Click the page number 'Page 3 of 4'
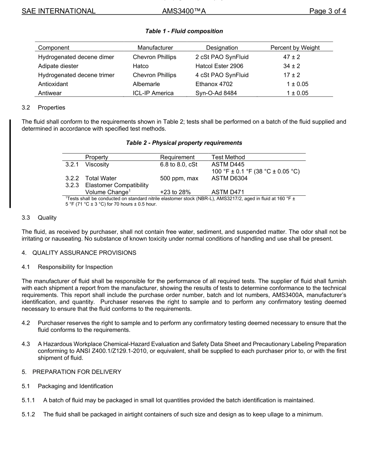coord(327,11)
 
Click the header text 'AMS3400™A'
coord(184,11)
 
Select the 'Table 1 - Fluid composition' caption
coord(184,31)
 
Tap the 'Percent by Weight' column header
coord(295,48)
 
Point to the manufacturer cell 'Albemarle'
coord(146,84)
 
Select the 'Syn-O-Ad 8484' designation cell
coord(216,93)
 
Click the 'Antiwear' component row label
coord(50,93)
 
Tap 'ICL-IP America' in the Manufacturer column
coord(153,93)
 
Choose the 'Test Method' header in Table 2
coord(228,157)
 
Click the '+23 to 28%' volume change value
coord(175,192)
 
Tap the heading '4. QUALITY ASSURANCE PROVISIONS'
coord(79,253)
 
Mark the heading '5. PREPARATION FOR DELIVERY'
coord(71,372)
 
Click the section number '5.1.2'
coord(28,414)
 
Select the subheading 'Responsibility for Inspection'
coord(75,267)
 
